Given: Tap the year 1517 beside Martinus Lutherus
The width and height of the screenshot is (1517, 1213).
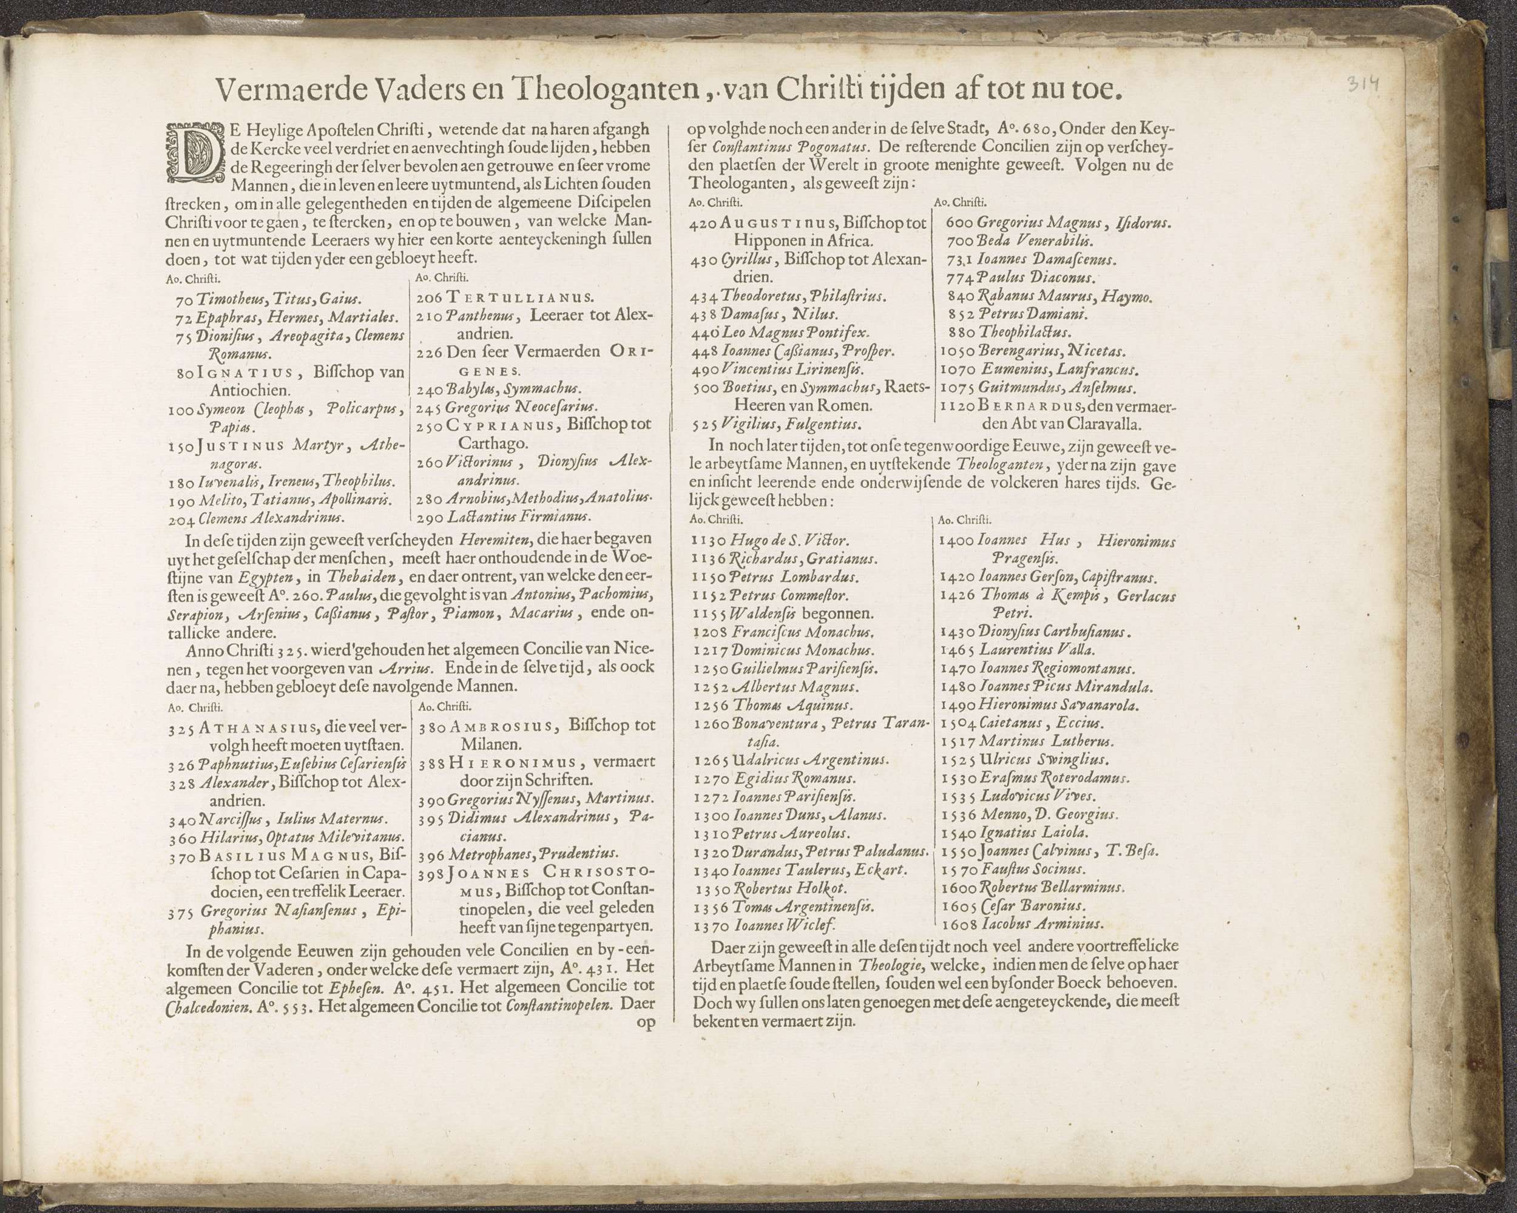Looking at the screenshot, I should click(957, 741).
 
